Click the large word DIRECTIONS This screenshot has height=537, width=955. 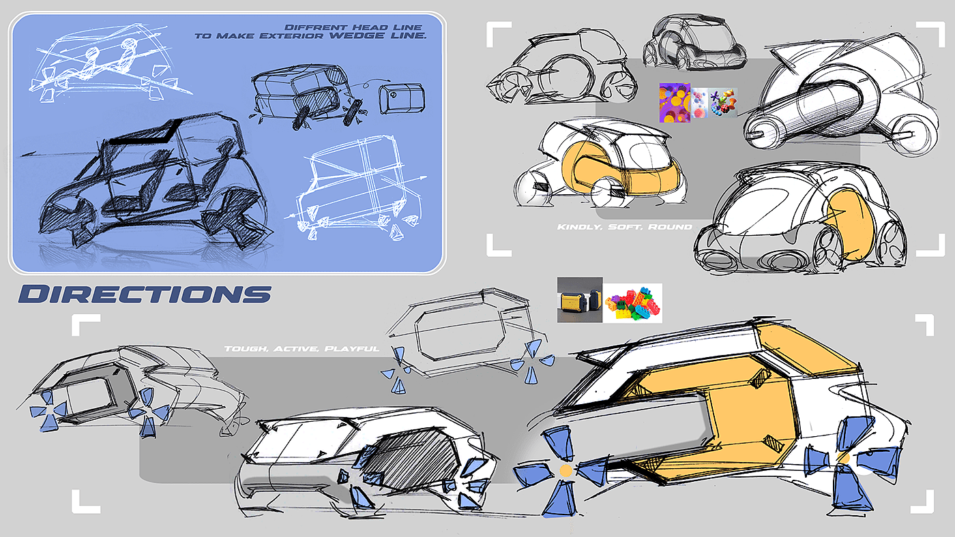click(x=145, y=294)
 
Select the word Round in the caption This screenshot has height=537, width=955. click(x=675, y=226)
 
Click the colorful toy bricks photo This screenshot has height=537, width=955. click(x=633, y=303)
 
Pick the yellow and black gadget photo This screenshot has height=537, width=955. click(x=580, y=299)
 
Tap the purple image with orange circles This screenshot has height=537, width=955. click(x=675, y=103)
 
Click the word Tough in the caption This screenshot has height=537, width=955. click(x=244, y=349)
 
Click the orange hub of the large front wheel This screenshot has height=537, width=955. click(x=565, y=471)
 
